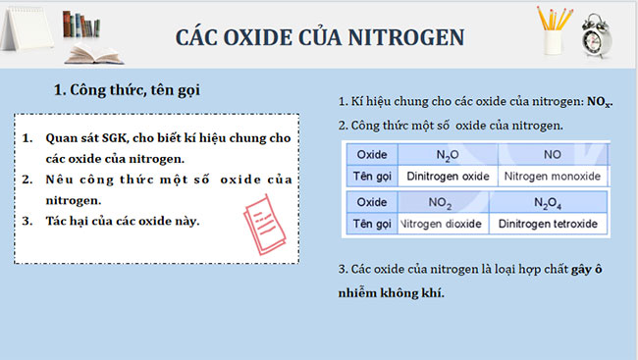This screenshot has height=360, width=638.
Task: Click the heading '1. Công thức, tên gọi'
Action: [x=127, y=90]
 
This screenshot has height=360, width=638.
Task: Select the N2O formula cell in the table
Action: [x=449, y=155]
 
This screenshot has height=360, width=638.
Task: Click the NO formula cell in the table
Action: [x=552, y=155]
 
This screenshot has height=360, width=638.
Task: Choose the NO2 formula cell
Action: [x=442, y=203]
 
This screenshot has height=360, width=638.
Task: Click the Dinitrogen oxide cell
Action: [x=448, y=176]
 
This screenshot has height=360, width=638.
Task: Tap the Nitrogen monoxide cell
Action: [x=552, y=176]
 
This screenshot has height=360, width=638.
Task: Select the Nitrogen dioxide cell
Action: [x=442, y=224]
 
